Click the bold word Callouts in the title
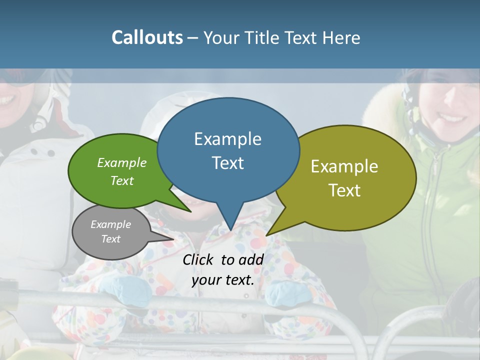147,37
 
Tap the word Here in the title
342,37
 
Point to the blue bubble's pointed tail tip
230,230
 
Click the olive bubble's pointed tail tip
266,235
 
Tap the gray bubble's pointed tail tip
173,239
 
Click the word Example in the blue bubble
227,138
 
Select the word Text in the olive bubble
345,190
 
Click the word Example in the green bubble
122,162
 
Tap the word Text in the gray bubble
111,239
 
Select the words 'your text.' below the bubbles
223,280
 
